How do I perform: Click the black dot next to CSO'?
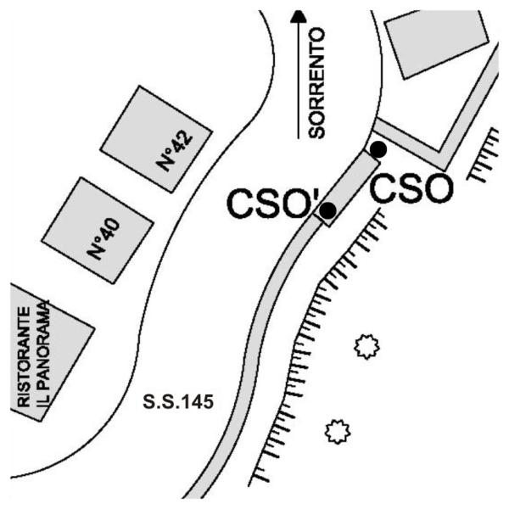[327, 210]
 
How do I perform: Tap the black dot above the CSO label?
[378, 149]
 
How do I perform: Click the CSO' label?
[273, 204]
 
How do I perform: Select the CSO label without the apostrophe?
[411, 188]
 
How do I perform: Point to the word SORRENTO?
[316, 83]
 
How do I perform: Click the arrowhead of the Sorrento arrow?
[299, 16]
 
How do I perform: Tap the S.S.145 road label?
[178, 402]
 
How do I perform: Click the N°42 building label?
[175, 151]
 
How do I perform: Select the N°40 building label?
[103, 238]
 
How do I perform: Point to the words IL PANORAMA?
[43, 354]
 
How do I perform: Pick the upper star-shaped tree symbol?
[366, 347]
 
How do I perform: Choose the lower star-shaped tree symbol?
[338, 432]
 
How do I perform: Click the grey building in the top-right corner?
[435, 44]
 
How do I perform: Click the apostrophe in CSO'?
[316, 195]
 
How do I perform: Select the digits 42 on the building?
[182, 142]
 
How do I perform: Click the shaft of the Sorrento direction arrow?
[299, 81]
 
